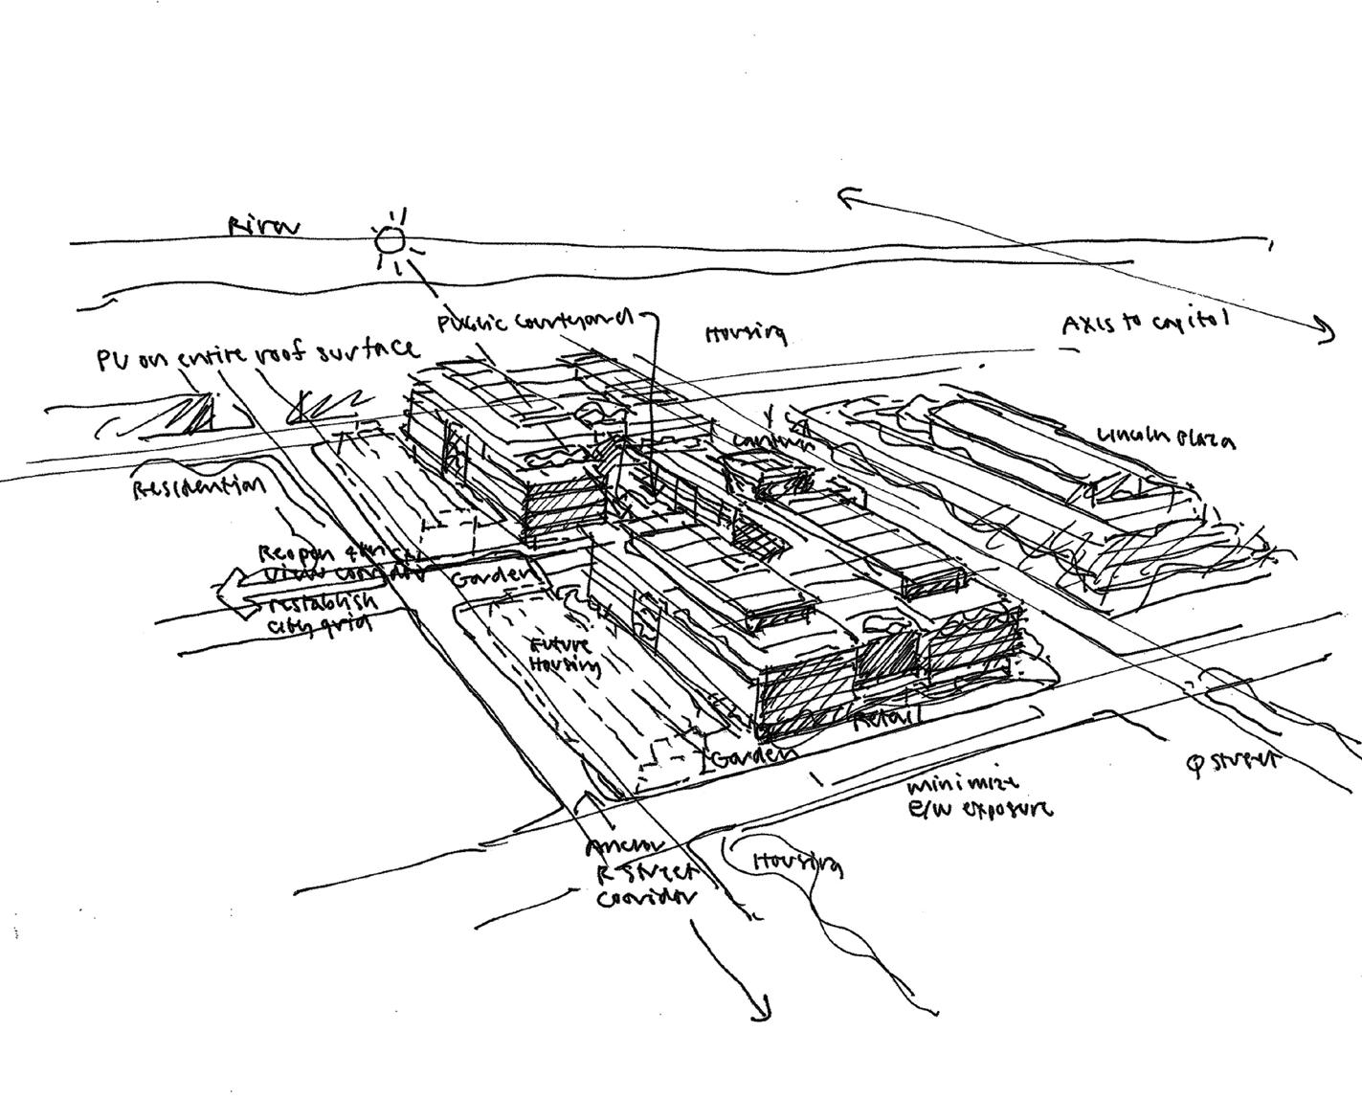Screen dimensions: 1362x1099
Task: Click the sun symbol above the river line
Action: click(x=390, y=239)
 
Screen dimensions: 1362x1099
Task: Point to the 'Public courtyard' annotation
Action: click(x=535, y=321)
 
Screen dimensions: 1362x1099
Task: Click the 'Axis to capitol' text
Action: click(x=1144, y=324)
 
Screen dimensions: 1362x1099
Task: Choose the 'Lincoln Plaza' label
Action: click(x=1165, y=437)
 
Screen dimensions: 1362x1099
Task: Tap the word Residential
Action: click(x=198, y=488)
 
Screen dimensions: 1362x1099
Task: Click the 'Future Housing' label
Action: click(x=567, y=656)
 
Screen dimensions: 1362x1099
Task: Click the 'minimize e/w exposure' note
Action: click(x=976, y=796)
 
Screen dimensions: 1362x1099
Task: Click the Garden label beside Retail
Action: click(x=754, y=756)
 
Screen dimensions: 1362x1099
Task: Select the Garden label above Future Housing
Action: click(x=490, y=579)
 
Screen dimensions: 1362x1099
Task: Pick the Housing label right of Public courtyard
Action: click(x=746, y=333)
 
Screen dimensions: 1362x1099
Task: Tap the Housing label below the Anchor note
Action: click(x=797, y=862)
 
